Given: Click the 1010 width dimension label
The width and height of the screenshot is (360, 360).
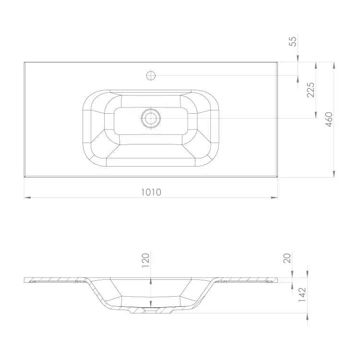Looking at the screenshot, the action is pyautogui.click(x=151, y=192).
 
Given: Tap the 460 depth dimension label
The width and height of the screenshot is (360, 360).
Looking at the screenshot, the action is pyautogui.click(x=329, y=119).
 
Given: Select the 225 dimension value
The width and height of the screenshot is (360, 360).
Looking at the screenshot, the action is pyautogui.click(x=311, y=90).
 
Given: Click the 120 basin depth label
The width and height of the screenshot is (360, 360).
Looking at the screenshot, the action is pyautogui.click(x=145, y=260).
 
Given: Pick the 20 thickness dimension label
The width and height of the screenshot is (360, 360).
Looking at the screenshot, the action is pyautogui.click(x=287, y=258).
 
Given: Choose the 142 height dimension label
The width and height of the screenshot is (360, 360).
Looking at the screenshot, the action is pyautogui.click(x=302, y=294).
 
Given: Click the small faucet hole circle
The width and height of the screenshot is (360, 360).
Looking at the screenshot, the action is pyautogui.click(x=151, y=75).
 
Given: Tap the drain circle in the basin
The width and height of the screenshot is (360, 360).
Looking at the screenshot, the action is pyautogui.click(x=151, y=119).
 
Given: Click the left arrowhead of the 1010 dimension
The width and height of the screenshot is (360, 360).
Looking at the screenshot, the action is pyautogui.click(x=27, y=197).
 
